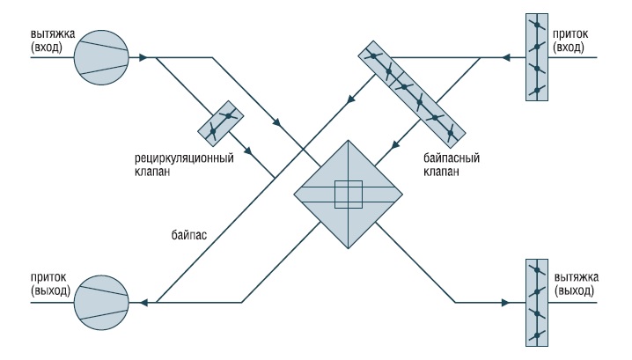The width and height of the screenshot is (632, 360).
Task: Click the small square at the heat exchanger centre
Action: [348, 194]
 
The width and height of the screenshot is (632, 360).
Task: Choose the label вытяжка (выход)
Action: [577, 283]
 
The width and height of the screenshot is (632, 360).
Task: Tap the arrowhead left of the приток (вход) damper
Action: [505, 58]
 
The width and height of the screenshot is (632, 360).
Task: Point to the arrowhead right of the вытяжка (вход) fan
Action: [140, 58]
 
